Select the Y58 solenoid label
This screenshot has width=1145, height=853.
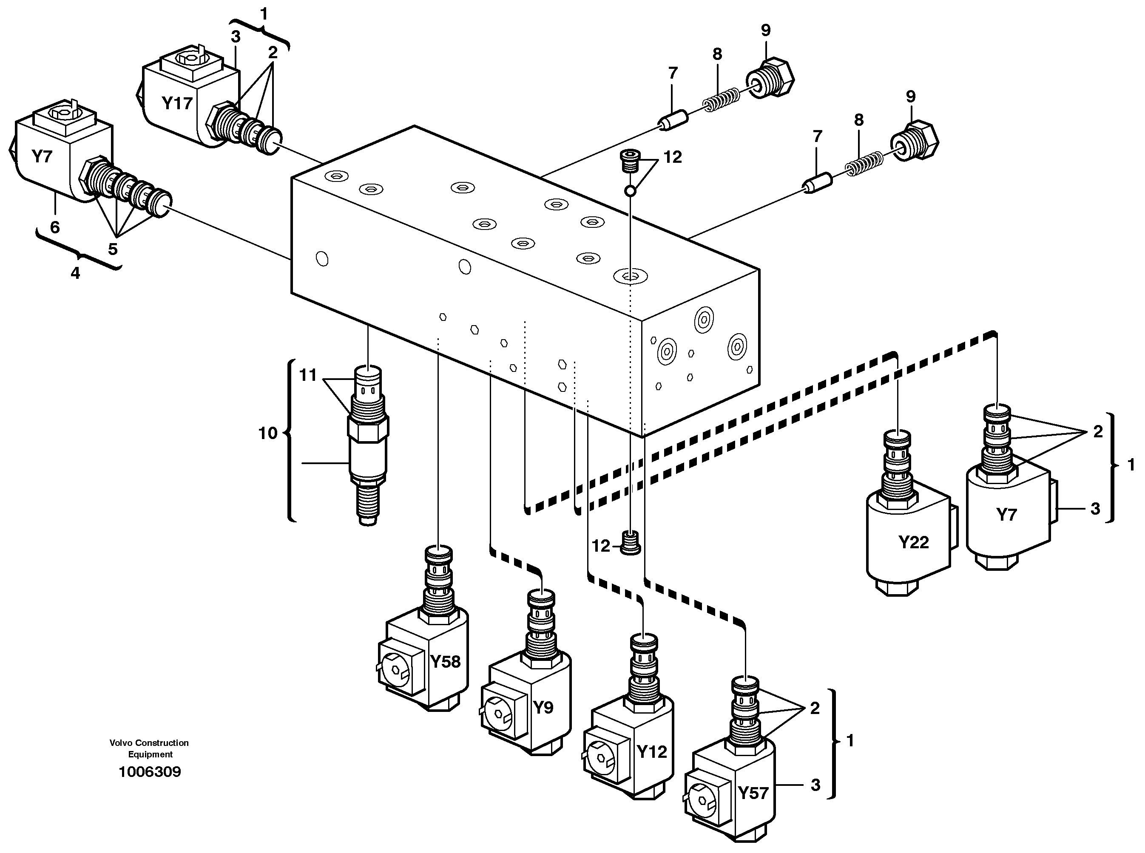(445, 661)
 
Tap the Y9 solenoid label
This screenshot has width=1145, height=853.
(543, 707)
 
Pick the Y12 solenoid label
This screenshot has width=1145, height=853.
(652, 752)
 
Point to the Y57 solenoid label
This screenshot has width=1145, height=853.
(753, 793)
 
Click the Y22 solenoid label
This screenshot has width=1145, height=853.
(913, 542)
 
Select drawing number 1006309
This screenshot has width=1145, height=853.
(150, 772)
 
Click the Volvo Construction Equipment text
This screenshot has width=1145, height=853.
(149, 748)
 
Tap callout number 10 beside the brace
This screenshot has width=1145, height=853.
(267, 433)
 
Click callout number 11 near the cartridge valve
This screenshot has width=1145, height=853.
(308, 375)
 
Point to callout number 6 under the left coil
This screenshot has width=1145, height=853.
(55, 227)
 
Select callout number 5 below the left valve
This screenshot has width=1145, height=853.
(113, 249)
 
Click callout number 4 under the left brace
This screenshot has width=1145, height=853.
(75, 273)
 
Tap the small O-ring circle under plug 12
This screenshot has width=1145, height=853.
(630, 191)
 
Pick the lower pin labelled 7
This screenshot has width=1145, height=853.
(816, 183)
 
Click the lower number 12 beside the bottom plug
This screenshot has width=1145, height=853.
(601, 546)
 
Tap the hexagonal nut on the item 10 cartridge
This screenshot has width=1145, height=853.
(368, 427)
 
